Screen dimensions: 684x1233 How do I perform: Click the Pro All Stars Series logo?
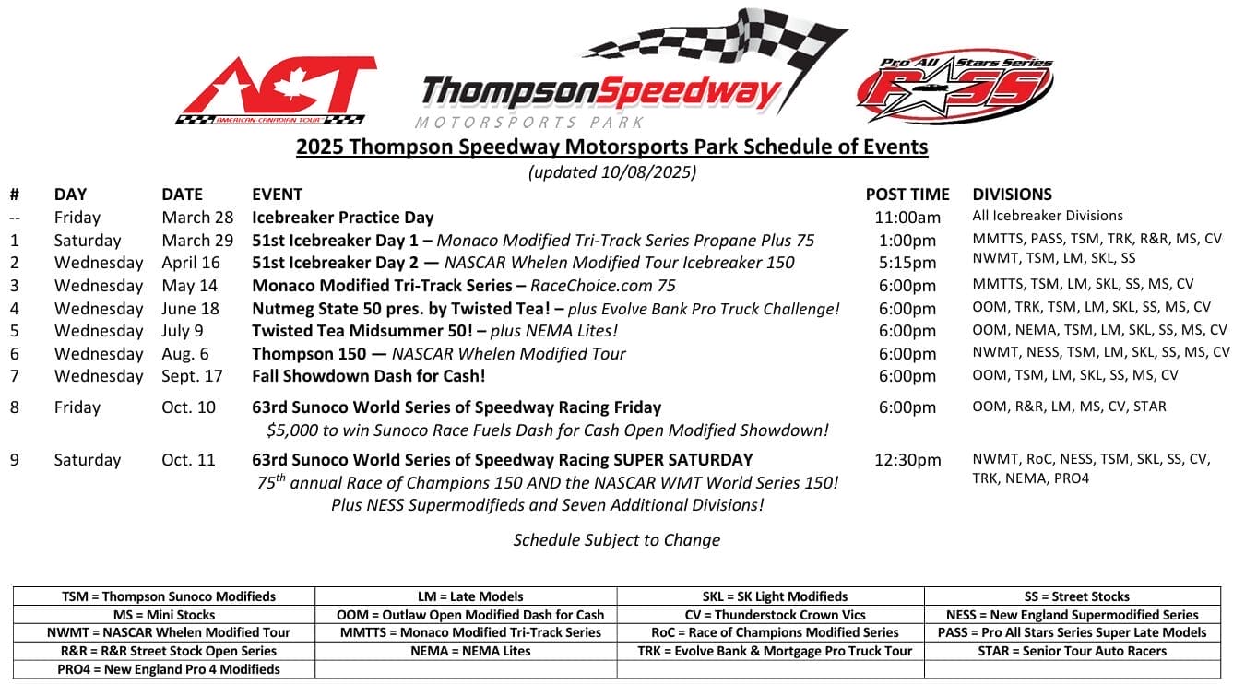click(954, 87)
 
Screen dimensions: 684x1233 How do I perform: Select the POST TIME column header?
click(907, 195)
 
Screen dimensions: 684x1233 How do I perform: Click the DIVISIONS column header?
click(1012, 195)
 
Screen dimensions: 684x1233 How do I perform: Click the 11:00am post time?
click(907, 218)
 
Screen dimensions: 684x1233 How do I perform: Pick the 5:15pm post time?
click(907, 263)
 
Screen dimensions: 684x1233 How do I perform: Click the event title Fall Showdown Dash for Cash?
click(368, 376)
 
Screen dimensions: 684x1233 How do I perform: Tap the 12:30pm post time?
click(907, 460)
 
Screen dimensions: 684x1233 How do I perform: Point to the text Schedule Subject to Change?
click(616, 540)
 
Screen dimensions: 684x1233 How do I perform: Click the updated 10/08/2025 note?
click(611, 171)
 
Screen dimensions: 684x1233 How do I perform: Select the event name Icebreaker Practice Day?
click(342, 218)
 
